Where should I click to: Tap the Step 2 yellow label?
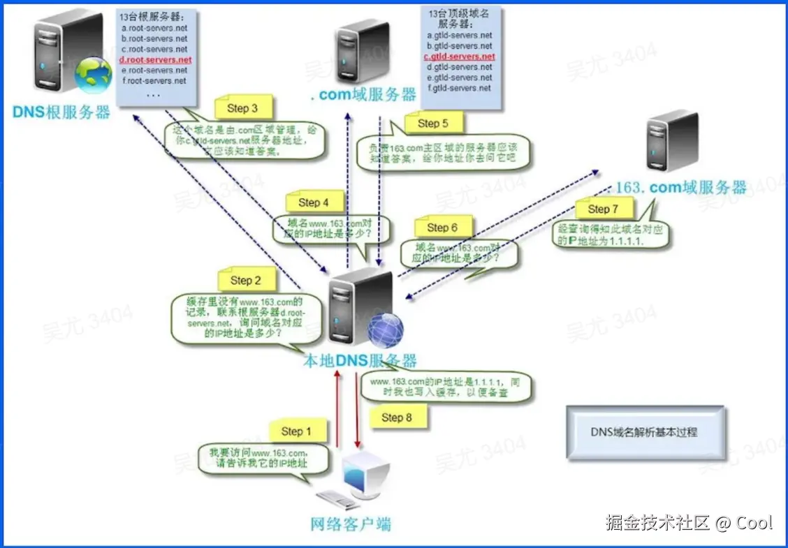point(245,280)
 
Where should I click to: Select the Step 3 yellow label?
point(242,108)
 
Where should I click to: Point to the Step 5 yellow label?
point(432,124)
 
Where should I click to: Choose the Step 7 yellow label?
point(603,209)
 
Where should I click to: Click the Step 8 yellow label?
point(397,417)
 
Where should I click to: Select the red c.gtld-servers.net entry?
point(459,57)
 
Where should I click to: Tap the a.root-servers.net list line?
point(154,29)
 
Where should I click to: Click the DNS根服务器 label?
point(61,112)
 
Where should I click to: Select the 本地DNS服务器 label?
point(359,361)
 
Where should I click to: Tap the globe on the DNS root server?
point(93,75)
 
